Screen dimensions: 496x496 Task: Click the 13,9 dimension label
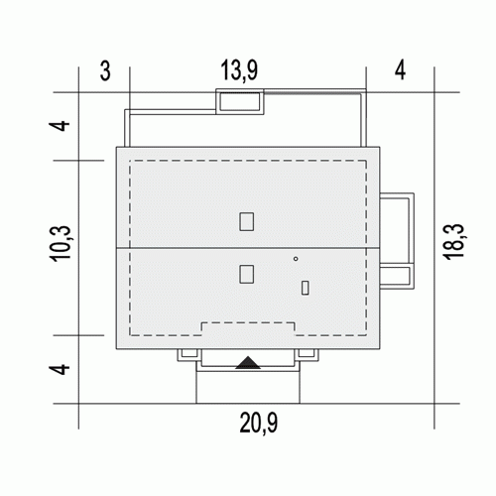tap(239, 70)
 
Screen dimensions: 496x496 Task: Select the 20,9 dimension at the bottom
tap(258, 423)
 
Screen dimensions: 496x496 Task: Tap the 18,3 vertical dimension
tap(453, 242)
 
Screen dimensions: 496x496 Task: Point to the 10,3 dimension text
tap(61, 244)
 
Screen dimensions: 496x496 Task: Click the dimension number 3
tap(105, 70)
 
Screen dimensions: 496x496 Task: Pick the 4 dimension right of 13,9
tap(400, 70)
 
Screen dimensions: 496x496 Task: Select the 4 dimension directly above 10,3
tap(60, 126)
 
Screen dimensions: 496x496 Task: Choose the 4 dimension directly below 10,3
tap(60, 369)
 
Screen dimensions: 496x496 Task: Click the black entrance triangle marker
tap(248, 363)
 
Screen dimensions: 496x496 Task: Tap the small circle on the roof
tap(296, 259)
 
